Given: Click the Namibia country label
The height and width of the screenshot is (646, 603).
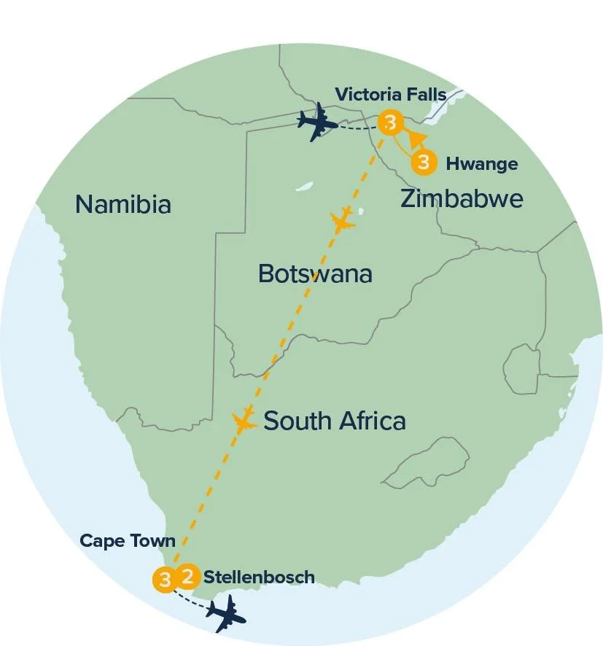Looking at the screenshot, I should coord(123,204).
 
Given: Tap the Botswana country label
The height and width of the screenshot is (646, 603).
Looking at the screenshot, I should coord(315,274).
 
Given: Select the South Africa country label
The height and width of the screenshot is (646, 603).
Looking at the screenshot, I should coord(334,421).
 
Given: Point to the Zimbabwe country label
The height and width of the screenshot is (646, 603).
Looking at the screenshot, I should coord(462,198).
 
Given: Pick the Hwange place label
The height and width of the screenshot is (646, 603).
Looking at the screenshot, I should coord(481,163).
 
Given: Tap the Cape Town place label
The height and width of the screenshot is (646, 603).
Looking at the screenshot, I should coord(128,541).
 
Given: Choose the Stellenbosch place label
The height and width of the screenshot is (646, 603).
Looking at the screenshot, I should coord(259,577).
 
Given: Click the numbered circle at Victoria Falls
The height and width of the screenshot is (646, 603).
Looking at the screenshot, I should coord(390,122).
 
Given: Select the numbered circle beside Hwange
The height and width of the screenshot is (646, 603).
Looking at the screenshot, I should coord(424,161).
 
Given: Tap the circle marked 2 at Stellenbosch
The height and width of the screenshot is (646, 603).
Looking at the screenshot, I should coord(187,577).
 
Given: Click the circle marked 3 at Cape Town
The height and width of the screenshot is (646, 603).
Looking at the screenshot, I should coord(165,580).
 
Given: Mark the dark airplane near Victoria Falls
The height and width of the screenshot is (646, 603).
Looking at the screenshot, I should coord(318,125).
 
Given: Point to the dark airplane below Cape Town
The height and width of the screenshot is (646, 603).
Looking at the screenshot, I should coord(226,613).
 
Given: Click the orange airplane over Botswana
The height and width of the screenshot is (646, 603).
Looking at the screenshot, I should coord(343,219).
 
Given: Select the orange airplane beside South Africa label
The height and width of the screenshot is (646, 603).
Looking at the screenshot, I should coord(244,421).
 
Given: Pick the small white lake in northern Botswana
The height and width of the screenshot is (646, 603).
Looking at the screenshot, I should coord(305,187).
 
